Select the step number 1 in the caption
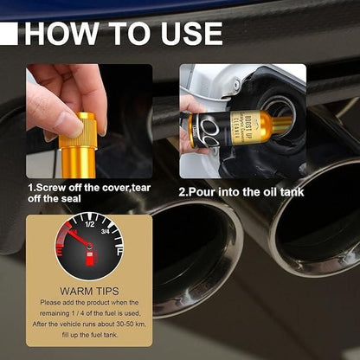pos(30,186)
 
